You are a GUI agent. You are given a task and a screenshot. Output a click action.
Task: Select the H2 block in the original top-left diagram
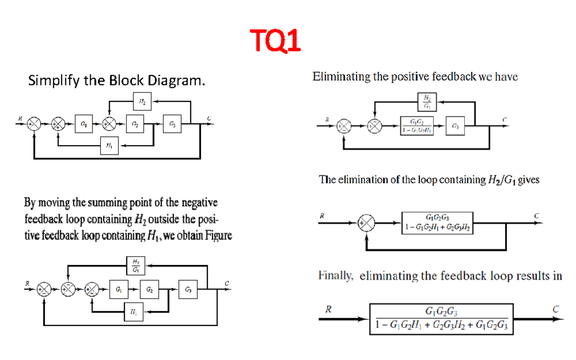click(142, 102)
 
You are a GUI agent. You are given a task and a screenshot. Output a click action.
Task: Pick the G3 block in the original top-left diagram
click(172, 124)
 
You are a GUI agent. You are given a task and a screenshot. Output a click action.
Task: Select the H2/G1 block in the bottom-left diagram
click(136, 265)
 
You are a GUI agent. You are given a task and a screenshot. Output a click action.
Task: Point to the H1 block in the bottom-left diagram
click(133, 312)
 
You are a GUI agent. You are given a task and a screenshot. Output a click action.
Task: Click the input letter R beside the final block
click(328, 310)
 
